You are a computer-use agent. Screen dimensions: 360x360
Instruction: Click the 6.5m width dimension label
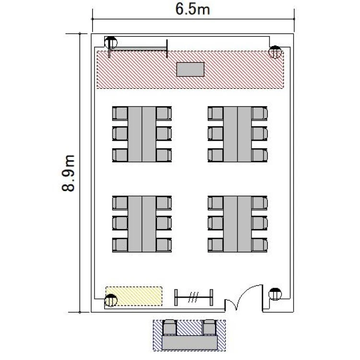192,9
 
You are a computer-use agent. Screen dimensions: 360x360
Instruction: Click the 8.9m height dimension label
68,173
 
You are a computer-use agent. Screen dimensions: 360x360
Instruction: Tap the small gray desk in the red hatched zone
191,69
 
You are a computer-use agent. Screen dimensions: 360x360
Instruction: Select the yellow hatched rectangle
134,296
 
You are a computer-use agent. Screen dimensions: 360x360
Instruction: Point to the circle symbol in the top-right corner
275,52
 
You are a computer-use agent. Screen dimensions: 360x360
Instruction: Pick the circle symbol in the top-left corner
111,43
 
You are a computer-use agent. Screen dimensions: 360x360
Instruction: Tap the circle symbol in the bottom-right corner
275,294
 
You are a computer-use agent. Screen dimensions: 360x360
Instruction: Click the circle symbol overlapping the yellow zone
111,300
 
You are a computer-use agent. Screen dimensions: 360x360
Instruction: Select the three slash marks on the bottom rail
193,297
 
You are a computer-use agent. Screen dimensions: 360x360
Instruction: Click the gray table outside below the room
190,343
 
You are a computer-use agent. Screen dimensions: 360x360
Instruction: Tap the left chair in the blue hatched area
169,327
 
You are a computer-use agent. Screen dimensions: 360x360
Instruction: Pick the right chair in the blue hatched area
210,327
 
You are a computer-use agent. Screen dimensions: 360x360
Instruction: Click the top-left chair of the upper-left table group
120,113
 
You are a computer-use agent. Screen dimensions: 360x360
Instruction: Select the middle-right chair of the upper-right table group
260,133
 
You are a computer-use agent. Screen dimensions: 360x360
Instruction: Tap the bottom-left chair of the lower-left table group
120,245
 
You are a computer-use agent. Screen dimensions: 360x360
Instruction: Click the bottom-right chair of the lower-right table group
260,245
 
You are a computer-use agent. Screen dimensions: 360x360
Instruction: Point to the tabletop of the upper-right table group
238,134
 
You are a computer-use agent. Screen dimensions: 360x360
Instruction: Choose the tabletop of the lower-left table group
142,224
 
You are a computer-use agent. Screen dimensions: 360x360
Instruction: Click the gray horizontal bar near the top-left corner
138,48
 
